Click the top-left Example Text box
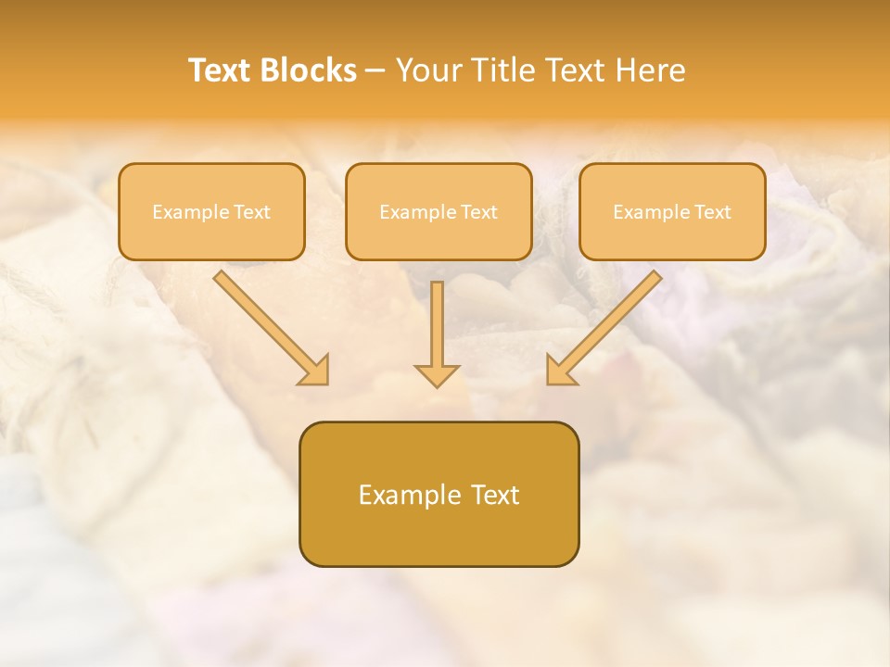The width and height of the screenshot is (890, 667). pos(211,211)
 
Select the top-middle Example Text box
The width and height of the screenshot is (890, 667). pos(439,211)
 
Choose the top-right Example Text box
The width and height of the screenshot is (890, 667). pos(672,211)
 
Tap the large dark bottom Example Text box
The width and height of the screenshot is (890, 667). pos(439,494)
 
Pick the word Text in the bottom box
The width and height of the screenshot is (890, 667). pos(496,495)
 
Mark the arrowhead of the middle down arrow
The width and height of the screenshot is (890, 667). pos(437,374)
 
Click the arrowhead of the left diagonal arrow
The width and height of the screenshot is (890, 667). pos(315,371)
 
